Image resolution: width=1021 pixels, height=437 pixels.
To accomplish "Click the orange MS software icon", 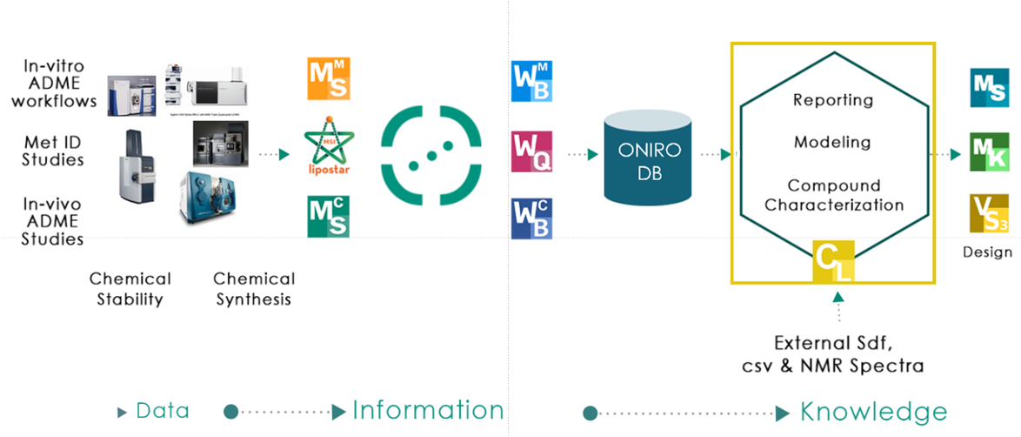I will pyautogui.click(x=329, y=79).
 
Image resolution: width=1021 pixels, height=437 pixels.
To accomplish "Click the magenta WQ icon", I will pyautogui.click(x=531, y=152).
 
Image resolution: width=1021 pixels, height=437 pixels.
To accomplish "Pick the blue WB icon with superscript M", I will pyautogui.click(x=531, y=81).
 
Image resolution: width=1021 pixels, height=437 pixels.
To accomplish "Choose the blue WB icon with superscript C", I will pyautogui.click(x=531, y=218).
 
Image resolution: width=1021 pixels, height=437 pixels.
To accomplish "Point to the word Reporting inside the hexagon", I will pyautogui.click(x=832, y=100).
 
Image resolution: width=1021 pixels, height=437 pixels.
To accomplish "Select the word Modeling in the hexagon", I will pyautogui.click(x=831, y=141).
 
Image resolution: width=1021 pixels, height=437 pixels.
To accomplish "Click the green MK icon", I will pyautogui.click(x=989, y=152).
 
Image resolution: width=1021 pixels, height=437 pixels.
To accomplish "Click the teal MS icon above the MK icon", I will pyautogui.click(x=989, y=88).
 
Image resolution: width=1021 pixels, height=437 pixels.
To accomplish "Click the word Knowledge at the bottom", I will pyautogui.click(x=873, y=412).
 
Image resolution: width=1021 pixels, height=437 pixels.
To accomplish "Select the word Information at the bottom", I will pyautogui.click(x=428, y=411).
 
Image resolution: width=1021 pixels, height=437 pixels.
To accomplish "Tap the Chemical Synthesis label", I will pyautogui.click(x=254, y=289).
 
